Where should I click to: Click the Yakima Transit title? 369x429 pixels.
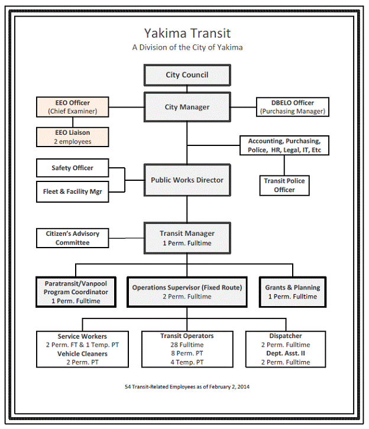coord(187,33)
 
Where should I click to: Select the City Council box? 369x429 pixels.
coord(187,76)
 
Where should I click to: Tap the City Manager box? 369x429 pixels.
coord(187,107)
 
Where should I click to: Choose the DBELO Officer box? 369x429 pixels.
coord(292,107)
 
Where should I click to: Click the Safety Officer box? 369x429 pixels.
coord(72,168)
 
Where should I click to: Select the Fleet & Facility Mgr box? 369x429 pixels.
coord(72,191)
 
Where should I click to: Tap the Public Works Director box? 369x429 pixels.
coord(187,180)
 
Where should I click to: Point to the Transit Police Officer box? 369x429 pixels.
coord(284,185)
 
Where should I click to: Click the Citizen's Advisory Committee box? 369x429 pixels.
coord(73,238)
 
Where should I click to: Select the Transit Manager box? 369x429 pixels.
coord(187,238)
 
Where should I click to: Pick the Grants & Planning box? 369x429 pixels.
coord(292,291)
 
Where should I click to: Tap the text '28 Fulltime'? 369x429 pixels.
coord(187,344)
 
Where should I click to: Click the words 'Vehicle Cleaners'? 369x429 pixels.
coord(82,353)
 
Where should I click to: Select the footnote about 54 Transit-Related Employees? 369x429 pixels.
coord(187,386)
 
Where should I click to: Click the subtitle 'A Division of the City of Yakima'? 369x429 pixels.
coord(187,47)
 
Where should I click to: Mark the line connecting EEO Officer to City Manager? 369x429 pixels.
coord(127,107)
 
